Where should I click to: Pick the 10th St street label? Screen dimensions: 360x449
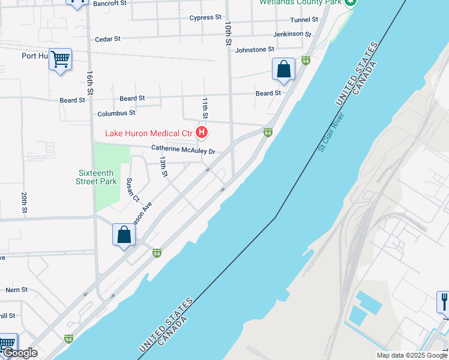(228, 34)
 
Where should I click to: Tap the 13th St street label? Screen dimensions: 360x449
(163, 167)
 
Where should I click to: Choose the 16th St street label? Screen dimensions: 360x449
(89, 83)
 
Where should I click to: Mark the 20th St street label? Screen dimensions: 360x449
(25, 203)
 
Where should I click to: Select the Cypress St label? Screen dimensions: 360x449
(205, 17)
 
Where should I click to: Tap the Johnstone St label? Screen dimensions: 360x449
(255, 49)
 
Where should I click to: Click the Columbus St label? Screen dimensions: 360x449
(116, 113)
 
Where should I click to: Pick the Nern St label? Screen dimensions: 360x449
(17, 289)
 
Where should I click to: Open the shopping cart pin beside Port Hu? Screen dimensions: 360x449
(60, 60)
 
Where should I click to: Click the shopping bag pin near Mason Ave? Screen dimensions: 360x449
(124, 235)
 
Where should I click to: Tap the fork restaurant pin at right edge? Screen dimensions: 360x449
(444, 301)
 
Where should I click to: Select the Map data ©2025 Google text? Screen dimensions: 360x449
(411, 355)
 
